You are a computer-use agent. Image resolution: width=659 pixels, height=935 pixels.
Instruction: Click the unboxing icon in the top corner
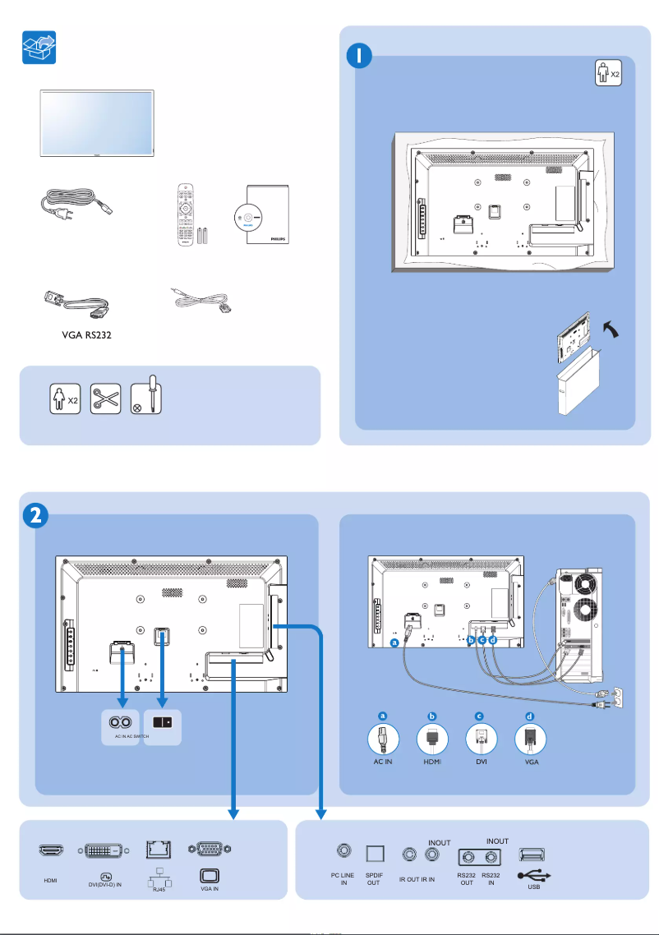39,48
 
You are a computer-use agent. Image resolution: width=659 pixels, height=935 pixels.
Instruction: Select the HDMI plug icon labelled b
432,740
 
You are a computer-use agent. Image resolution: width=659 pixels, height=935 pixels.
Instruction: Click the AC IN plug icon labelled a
382,740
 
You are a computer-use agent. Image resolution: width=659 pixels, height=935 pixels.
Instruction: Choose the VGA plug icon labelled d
530,740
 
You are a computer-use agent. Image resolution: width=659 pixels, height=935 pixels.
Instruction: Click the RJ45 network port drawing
156,850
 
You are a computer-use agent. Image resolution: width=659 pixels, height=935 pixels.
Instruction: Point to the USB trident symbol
535,876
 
